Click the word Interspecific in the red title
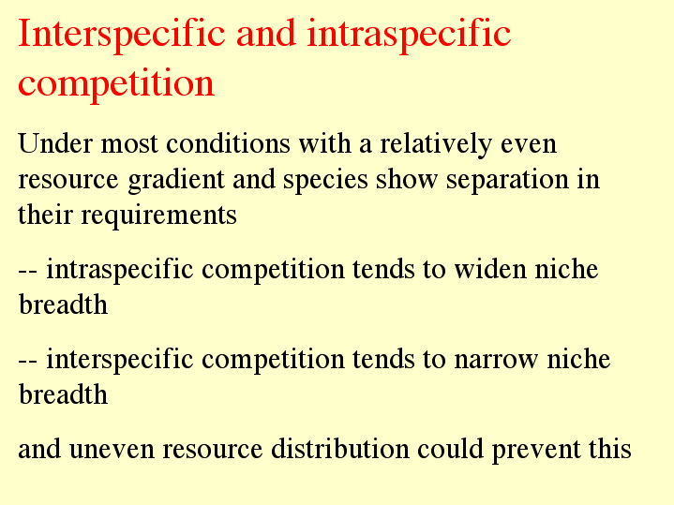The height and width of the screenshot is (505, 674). click(122, 35)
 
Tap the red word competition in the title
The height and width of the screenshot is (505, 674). click(116, 83)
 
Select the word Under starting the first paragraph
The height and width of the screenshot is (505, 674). click(55, 143)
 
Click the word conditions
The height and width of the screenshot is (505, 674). click(228, 143)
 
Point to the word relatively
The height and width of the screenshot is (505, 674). click(436, 144)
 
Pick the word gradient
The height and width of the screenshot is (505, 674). click(176, 180)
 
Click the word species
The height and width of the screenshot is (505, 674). click(325, 180)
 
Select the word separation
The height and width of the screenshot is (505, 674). click(507, 180)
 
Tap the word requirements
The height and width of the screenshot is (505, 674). click(158, 215)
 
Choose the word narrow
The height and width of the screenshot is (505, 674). click(496, 360)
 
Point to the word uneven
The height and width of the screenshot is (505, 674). click(112, 450)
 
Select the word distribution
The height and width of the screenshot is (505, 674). click(340, 449)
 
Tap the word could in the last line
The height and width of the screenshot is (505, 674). click(450, 449)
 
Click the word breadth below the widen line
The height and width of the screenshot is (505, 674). click(63, 304)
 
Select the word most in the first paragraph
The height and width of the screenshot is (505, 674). click(129, 144)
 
